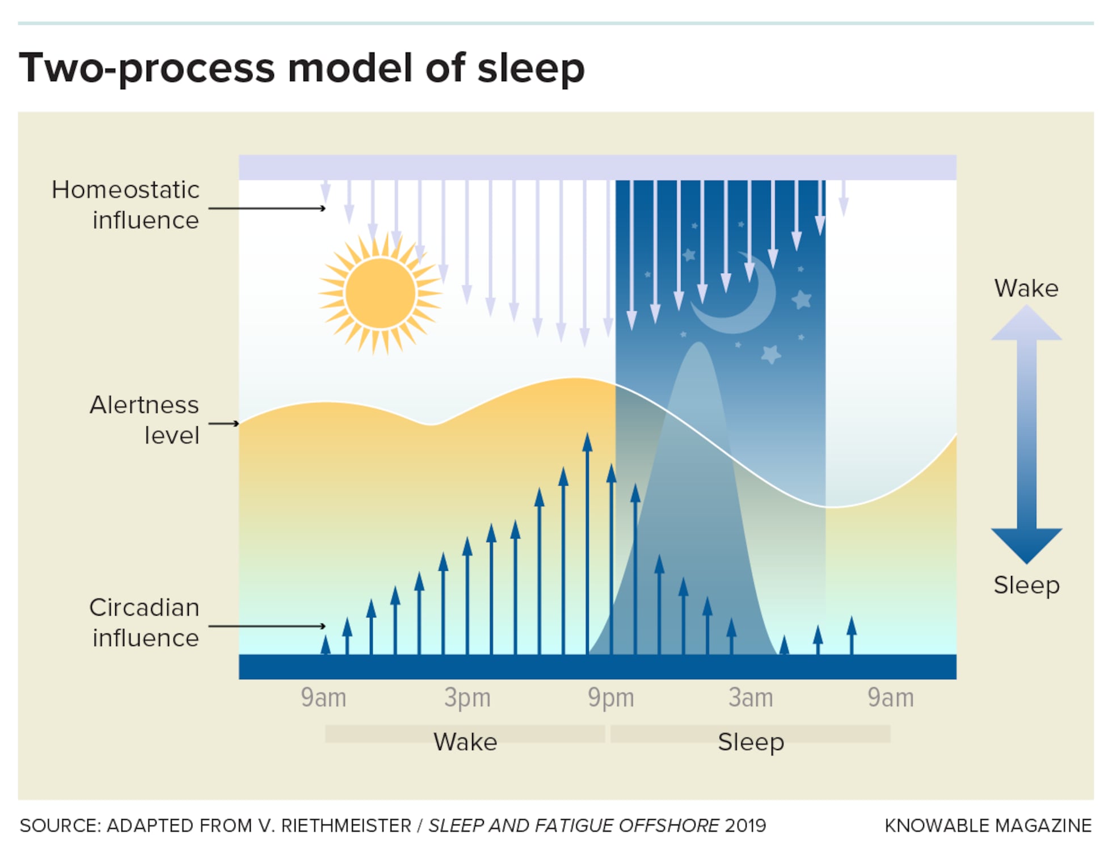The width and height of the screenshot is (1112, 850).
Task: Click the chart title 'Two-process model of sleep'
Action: point(301,68)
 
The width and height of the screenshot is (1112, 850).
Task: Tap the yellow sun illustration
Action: point(380,293)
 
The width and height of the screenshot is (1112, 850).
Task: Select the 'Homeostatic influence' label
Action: point(125,205)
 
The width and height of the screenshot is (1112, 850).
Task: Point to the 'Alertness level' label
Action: point(144,420)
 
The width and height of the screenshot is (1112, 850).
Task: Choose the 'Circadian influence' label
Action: point(144,622)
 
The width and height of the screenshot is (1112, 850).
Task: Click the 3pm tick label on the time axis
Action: point(467,697)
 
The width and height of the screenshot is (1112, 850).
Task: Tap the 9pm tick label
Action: point(610,697)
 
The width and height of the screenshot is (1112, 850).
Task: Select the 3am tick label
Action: point(751,697)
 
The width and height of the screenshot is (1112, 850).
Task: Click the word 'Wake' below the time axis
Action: point(465,742)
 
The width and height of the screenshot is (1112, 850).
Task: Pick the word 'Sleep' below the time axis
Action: point(751,742)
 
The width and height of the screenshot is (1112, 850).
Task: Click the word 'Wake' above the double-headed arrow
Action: point(1026,288)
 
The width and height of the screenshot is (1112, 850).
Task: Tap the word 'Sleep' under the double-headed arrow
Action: point(1026,585)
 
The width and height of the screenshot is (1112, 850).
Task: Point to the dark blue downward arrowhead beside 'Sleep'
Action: point(1026,545)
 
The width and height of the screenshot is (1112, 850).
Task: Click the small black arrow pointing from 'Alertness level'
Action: point(224,423)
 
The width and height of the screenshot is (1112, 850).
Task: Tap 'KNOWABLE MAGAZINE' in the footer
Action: point(988,826)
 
